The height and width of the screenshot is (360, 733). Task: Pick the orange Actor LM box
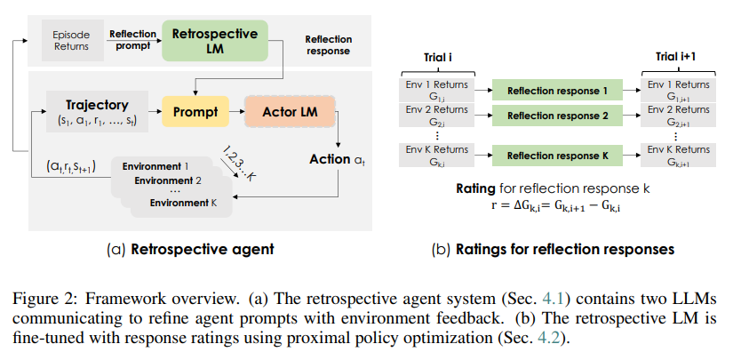click(290, 113)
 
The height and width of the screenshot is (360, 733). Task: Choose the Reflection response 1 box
click(557, 91)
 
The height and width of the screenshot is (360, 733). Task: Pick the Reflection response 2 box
click(557, 116)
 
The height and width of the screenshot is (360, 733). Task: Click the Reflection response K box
click(557, 156)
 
